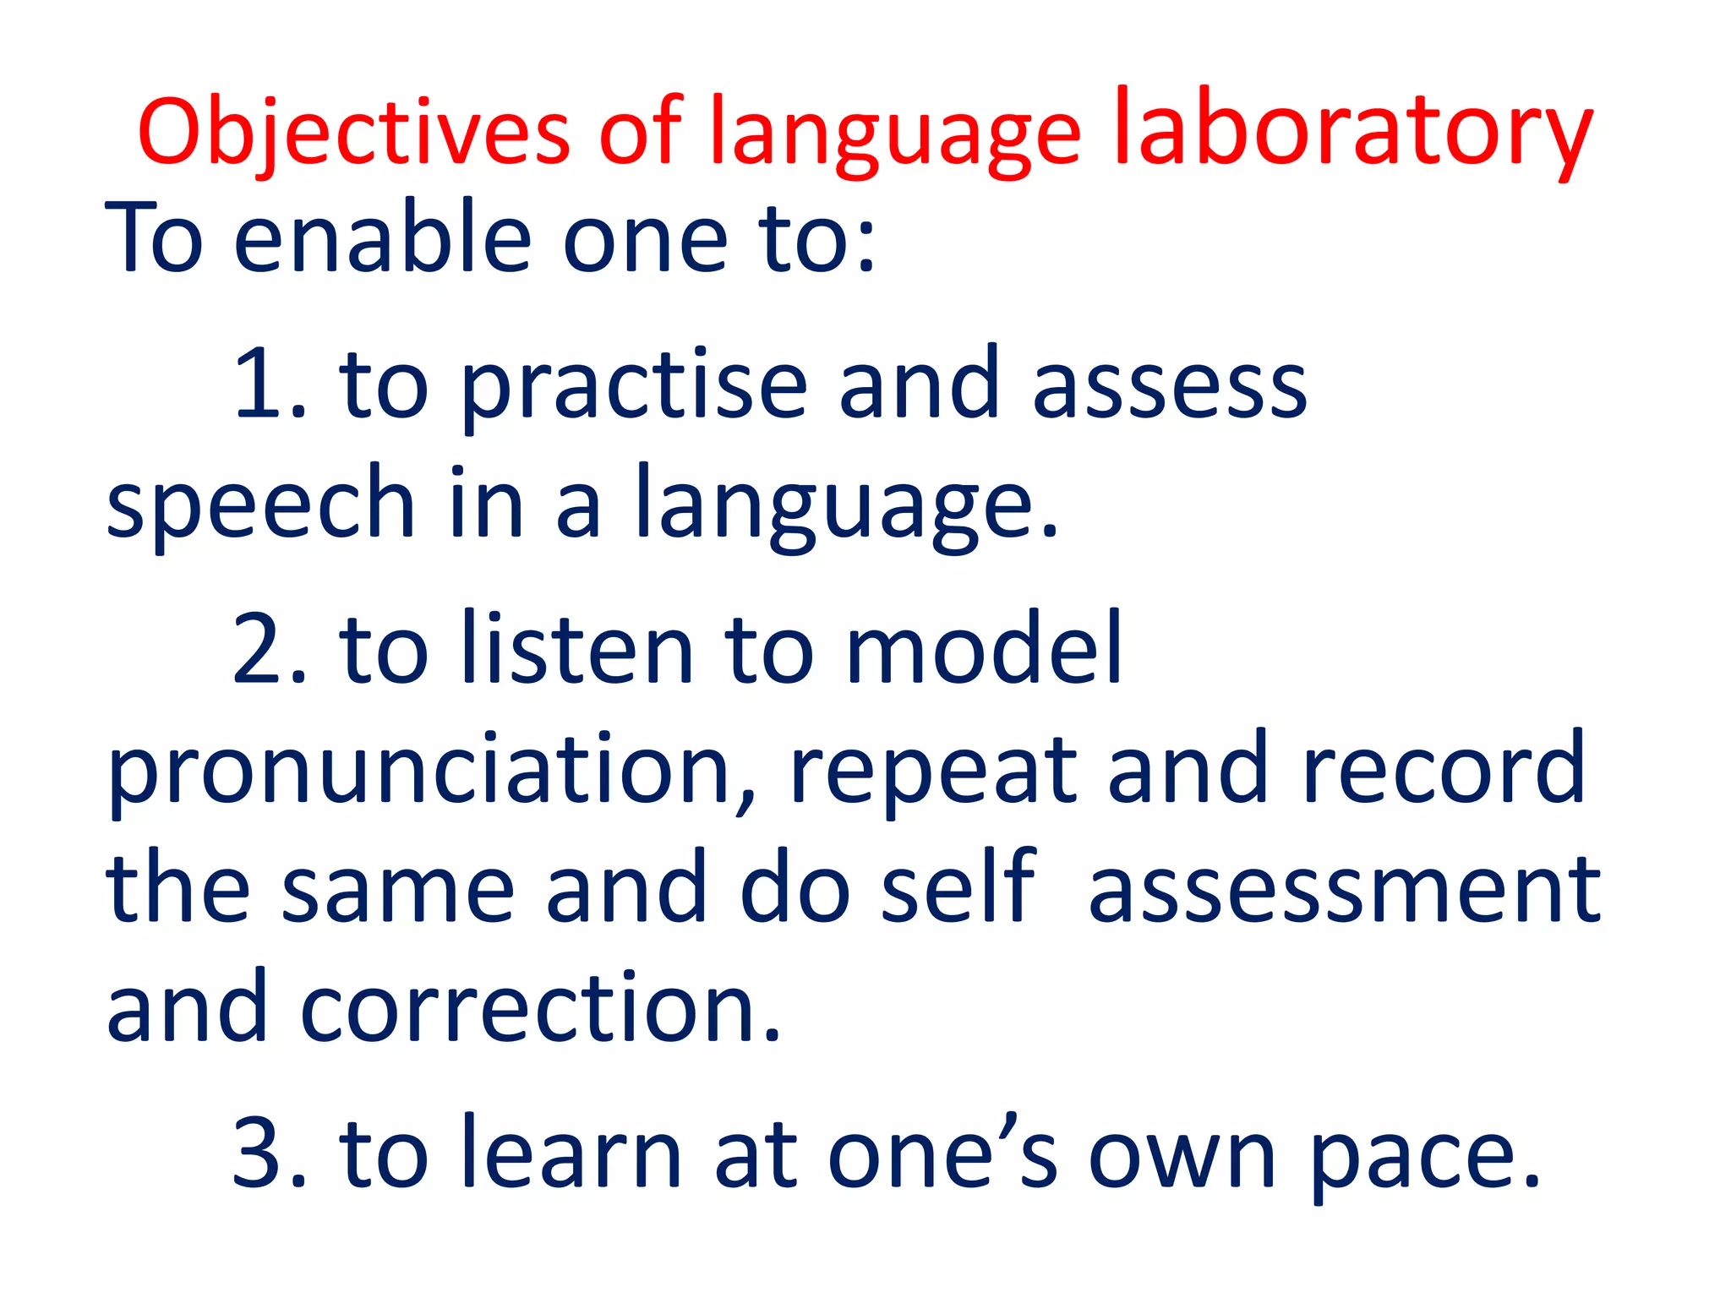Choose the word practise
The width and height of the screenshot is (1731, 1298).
(x=634, y=386)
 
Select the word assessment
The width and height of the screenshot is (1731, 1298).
(x=1344, y=889)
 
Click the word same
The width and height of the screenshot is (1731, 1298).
(x=397, y=889)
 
